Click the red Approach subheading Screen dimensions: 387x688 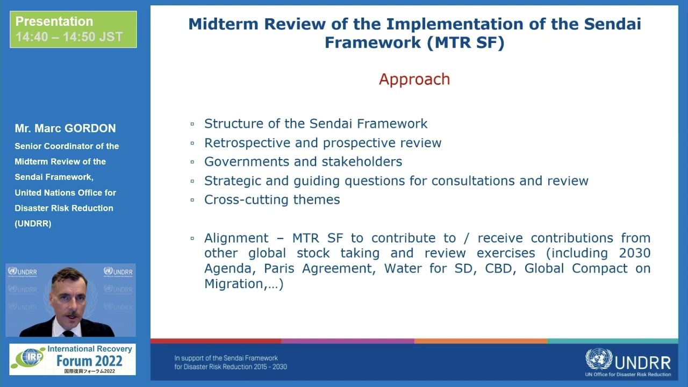414,79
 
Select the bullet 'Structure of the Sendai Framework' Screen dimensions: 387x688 316,124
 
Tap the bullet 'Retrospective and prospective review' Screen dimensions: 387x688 322,143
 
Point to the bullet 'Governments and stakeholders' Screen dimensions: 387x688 303,162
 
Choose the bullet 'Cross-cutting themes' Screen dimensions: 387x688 272,200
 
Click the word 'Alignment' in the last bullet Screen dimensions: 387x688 236,238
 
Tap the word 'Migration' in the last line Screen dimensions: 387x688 234,284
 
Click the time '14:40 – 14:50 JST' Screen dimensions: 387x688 69,37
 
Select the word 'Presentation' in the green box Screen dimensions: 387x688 54,21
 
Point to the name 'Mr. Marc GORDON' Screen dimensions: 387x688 65,128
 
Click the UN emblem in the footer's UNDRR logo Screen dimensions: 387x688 598,359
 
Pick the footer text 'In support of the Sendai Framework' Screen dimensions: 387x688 226,358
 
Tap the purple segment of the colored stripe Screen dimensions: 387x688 347,341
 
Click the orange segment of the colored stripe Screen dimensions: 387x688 481,341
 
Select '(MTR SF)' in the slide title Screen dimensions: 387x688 465,42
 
